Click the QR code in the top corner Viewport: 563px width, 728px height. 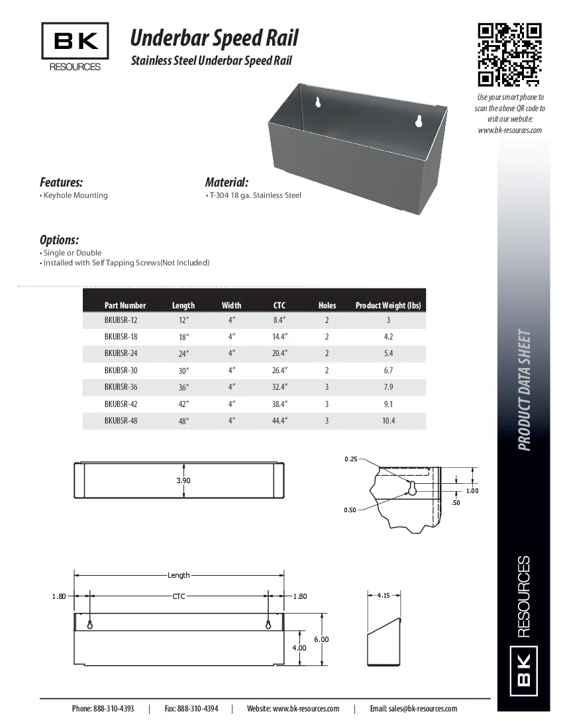tap(510, 55)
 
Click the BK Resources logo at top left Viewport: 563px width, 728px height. tap(75, 47)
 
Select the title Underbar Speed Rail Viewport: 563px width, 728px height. tap(214, 38)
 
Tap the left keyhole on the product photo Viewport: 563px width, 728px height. tap(319, 103)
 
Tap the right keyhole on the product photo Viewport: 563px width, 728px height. tap(418, 120)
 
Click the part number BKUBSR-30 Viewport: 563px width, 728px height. tap(121, 371)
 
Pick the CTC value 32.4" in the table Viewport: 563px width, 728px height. tap(280, 387)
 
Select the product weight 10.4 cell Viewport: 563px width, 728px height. tap(388, 421)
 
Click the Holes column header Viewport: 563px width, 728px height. tap(327, 305)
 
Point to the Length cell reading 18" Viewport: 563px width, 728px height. tap(183, 337)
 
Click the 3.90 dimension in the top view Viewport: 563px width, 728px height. tap(183, 480)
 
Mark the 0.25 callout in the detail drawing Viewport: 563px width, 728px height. tap(351, 459)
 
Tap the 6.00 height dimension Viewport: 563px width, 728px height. tap(321, 639)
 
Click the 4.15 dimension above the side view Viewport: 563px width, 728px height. tap(383, 596)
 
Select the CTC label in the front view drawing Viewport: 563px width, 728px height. tap(179, 596)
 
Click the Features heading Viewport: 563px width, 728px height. tap(61, 182)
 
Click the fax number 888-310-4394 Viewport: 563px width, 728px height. tap(191, 708)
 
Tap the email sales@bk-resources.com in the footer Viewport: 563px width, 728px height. tap(413, 708)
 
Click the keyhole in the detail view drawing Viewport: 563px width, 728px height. tap(411, 489)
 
